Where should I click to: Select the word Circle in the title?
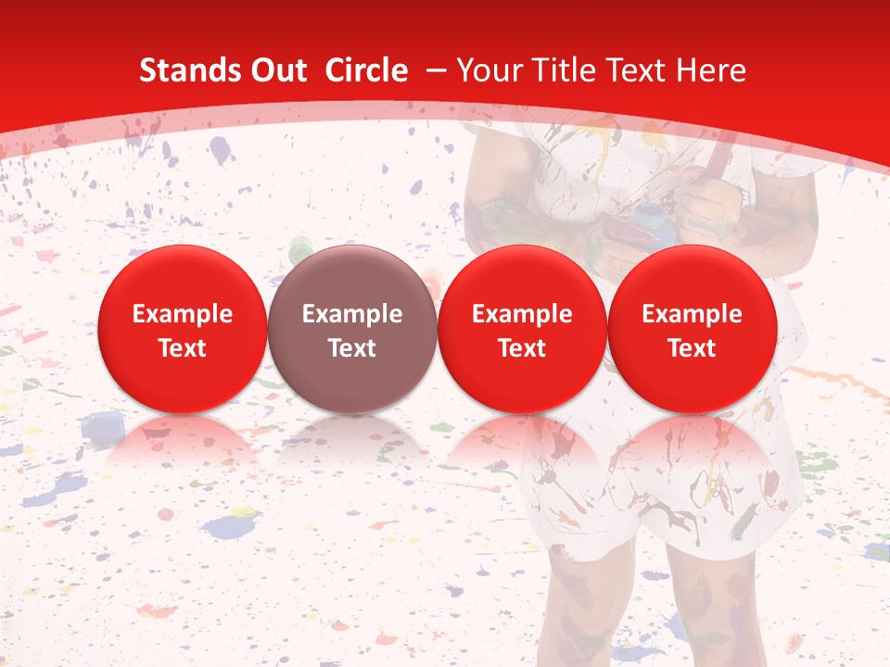[366, 70]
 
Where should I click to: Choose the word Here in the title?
[712, 70]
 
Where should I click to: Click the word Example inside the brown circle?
[352, 314]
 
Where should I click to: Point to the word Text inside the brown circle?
[352, 348]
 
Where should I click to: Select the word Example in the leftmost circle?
[182, 314]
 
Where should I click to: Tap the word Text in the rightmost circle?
[692, 348]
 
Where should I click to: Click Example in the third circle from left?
[522, 314]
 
